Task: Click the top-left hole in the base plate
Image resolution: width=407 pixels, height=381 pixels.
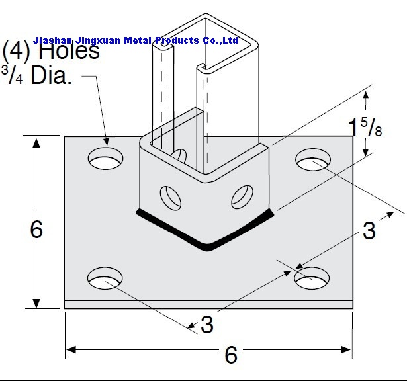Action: [x=105, y=158]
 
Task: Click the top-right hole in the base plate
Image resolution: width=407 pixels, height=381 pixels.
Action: [x=313, y=159]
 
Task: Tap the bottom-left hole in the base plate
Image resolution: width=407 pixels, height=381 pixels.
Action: [x=105, y=278]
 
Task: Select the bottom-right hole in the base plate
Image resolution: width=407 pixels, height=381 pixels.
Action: [x=312, y=278]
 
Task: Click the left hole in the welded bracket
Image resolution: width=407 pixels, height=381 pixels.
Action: [x=171, y=198]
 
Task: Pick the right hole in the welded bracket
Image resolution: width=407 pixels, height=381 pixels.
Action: [x=242, y=197]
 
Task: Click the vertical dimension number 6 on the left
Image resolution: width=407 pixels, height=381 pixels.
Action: [x=36, y=229]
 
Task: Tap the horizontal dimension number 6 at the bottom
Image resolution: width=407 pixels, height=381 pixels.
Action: [x=231, y=355]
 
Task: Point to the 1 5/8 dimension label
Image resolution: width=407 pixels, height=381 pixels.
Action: [x=365, y=127]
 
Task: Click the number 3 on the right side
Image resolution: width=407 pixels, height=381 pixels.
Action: [x=369, y=230]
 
